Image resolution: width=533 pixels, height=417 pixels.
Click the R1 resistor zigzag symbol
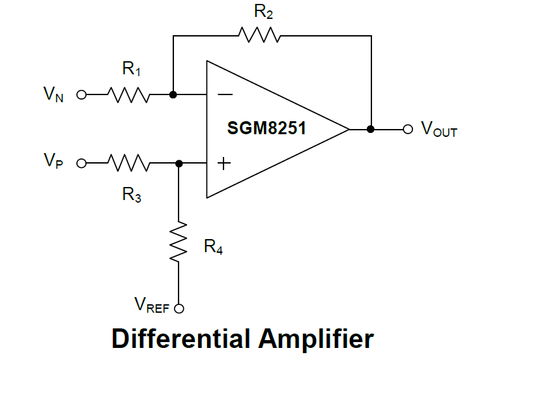130,95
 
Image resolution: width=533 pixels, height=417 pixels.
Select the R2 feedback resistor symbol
259,35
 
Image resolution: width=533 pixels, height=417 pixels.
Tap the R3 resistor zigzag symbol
130,163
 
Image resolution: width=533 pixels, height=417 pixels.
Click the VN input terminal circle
81,95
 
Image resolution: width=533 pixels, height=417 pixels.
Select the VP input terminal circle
81,163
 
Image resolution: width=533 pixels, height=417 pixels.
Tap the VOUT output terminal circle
408,129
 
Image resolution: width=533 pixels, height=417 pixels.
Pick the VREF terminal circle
179,309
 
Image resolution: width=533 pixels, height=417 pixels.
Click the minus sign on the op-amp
224,95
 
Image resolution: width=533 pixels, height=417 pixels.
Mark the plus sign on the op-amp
223,164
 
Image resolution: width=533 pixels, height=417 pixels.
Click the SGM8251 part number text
266,128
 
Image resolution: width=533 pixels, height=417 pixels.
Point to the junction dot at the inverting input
173,94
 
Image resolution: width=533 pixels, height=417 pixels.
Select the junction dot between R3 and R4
179,163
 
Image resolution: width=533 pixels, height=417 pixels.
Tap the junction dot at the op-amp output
371,129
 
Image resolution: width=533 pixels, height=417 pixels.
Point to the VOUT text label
439,129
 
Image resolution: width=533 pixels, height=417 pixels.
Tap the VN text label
53,95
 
